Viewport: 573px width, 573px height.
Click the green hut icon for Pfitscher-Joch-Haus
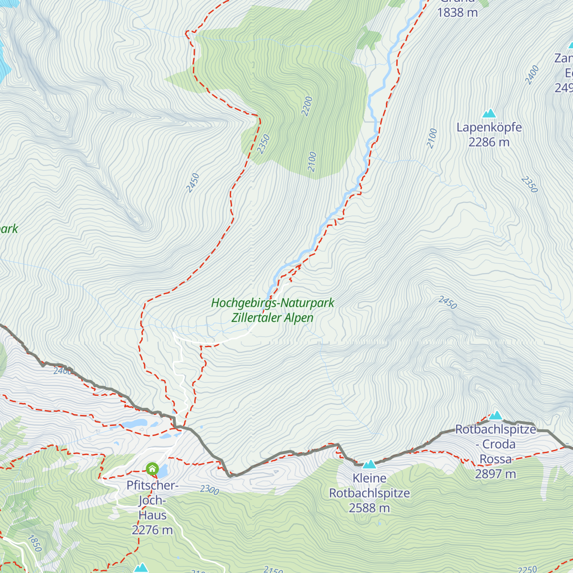point(152,469)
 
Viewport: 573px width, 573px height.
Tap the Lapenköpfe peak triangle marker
point(489,114)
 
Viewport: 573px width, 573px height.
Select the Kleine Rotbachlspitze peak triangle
point(369,464)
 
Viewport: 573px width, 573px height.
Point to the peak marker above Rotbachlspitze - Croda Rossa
point(496,415)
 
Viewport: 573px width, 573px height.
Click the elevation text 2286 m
point(489,142)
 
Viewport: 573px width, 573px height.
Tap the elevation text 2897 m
point(496,474)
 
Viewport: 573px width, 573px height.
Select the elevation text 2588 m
point(369,508)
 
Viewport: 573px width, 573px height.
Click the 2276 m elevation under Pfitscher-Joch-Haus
point(152,530)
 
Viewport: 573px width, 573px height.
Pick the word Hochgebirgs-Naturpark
point(273,303)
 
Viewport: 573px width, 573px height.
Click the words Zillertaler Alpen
point(273,318)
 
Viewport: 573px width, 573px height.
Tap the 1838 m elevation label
point(457,13)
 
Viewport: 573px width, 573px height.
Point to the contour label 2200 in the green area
point(307,106)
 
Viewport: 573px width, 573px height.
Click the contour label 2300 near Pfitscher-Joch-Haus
point(210,490)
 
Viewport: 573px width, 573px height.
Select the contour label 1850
point(34,543)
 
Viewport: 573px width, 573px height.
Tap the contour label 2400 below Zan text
point(532,75)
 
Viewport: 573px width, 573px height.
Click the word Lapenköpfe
point(489,127)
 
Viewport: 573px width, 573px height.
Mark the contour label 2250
point(528,569)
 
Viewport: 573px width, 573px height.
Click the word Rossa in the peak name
point(496,459)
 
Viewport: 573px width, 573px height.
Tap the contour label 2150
point(274,569)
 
